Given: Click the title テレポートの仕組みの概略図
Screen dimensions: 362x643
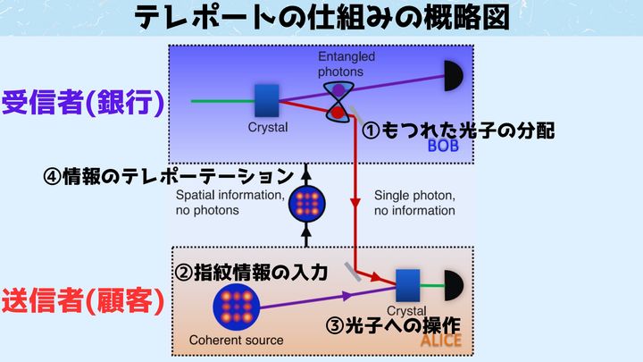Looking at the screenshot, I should [321, 18].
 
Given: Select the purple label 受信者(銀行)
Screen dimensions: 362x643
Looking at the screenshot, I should [82, 103].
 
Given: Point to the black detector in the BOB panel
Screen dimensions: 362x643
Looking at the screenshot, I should [454, 77].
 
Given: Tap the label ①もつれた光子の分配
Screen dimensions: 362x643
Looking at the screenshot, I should [458, 130].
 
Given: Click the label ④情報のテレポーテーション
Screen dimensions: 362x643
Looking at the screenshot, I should [168, 174].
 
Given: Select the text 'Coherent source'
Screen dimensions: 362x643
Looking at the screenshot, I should [237, 340].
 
